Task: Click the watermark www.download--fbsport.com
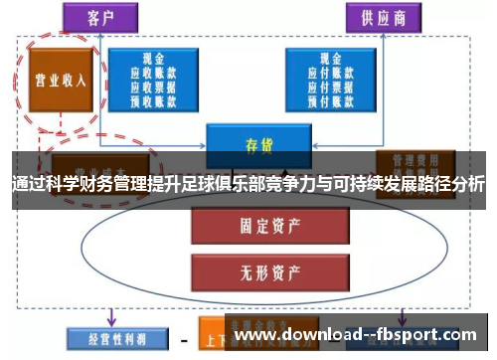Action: point(358,335)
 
